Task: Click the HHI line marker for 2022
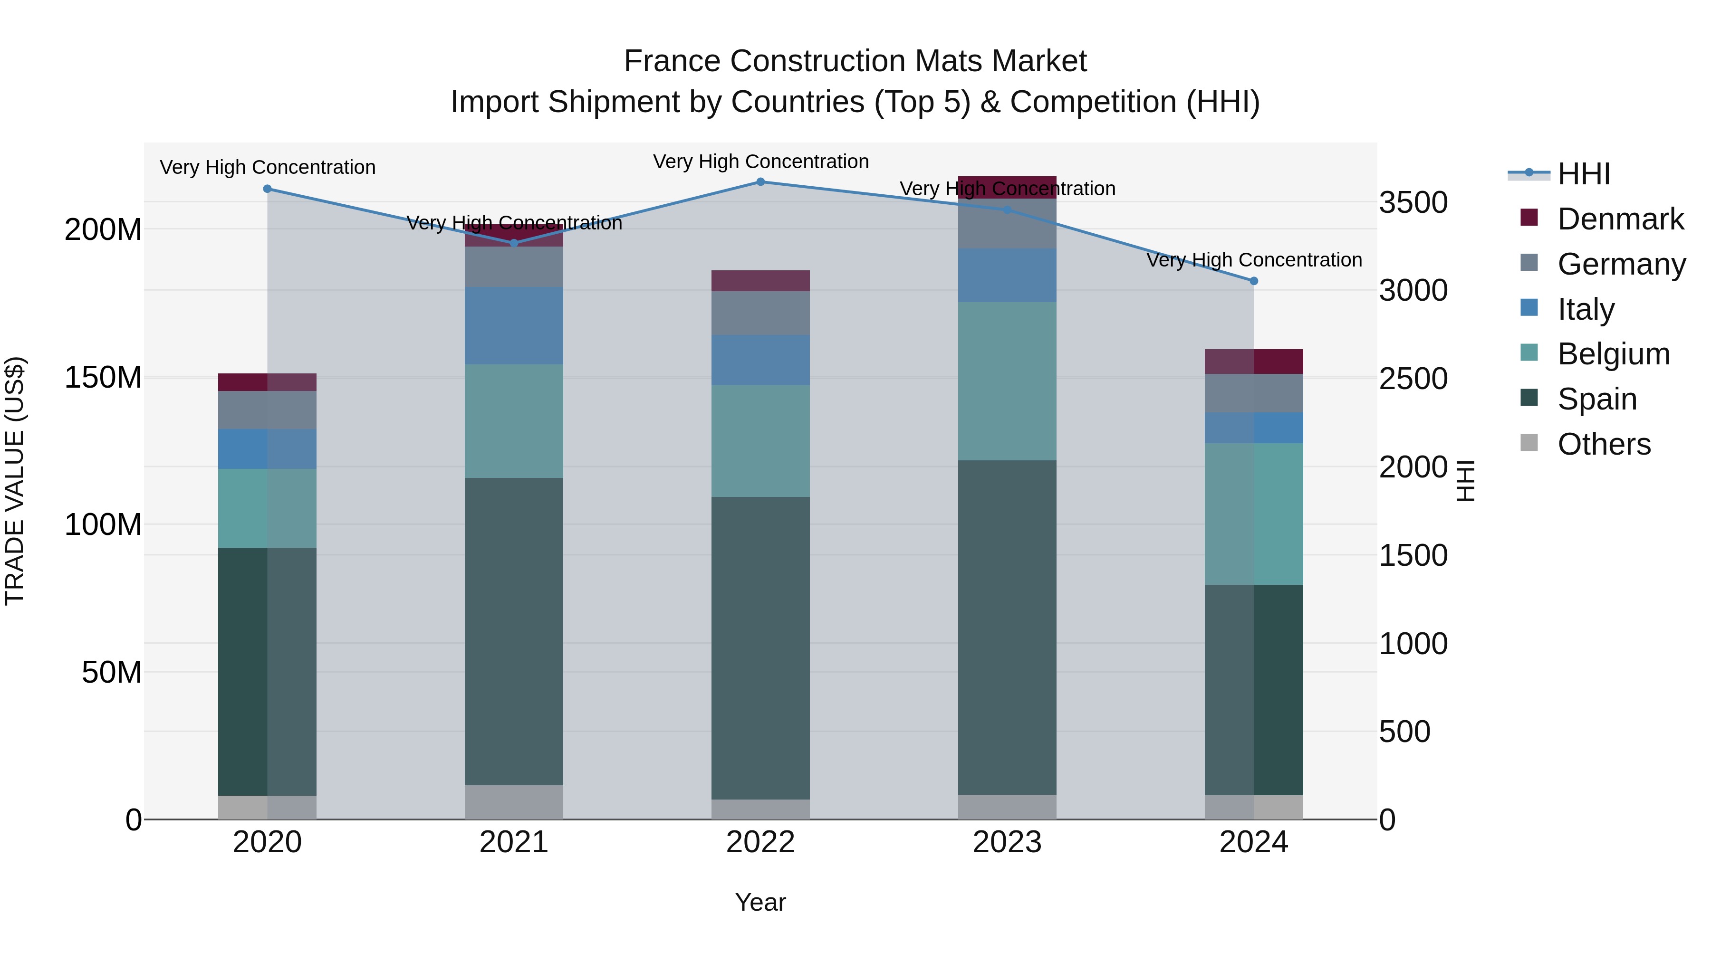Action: click(760, 182)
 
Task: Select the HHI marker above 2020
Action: click(268, 189)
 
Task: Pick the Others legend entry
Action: click(1604, 444)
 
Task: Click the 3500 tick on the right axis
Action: click(1413, 202)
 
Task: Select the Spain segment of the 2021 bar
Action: click(514, 631)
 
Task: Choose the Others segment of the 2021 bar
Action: click(514, 802)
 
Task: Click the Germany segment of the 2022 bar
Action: click(760, 314)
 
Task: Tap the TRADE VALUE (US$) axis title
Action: click(15, 481)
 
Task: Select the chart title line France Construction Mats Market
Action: click(855, 62)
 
